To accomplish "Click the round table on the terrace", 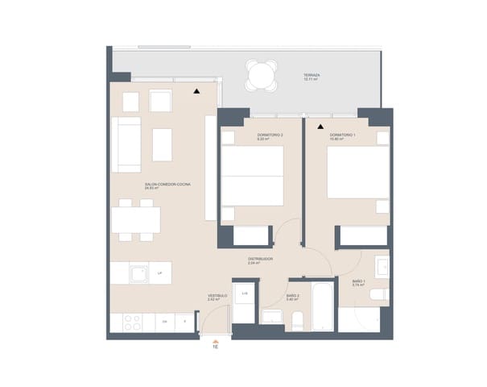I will click(262, 77).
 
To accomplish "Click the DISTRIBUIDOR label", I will click(260, 260).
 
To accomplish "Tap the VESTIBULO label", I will click(217, 296).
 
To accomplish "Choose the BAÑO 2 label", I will click(292, 296).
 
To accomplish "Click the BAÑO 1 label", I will click(358, 281).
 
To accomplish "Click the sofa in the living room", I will click(126, 144).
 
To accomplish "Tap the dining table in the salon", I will click(136, 219).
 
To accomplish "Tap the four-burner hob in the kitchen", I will click(130, 321).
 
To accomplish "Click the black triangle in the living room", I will click(196, 91).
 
